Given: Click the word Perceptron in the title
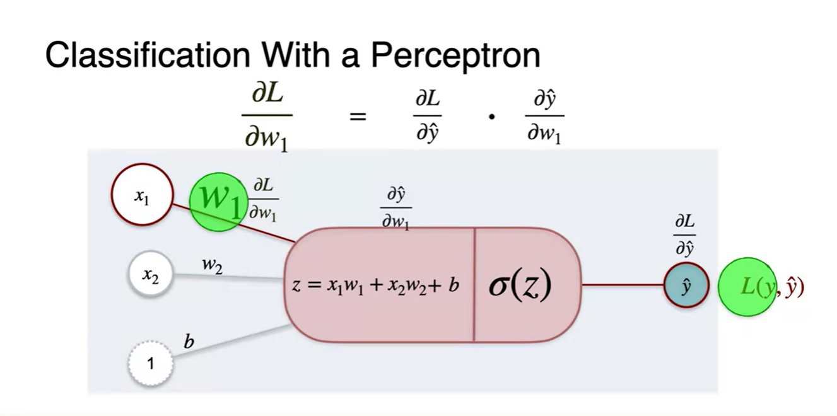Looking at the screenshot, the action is pyautogui.click(x=455, y=55).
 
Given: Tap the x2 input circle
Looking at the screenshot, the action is pyautogui.click(x=150, y=275).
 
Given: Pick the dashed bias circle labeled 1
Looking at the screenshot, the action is pyautogui.click(x=150, y=363).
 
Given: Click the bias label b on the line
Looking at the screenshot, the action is pyautogui.click(x=189, y=342).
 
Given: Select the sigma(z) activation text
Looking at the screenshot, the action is pyautogui.click(x=520, y=285).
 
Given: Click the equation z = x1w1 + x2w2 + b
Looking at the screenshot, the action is pyautogui.click(x=375, y=285).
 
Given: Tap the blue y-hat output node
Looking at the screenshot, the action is pyautogui.click(x=686, y=286).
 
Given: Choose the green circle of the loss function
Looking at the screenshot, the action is pyautogui.click(x=748, y=286).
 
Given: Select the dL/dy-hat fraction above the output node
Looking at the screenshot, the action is pyautogui.click(x=685, y=234).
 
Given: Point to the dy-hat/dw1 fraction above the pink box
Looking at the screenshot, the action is pyautogui.click(x=395, y=207).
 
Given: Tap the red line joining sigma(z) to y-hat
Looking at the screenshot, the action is pyautogui.click(x=622, y=285).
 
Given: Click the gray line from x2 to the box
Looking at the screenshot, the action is pyautogui.click(x=227, y=276).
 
